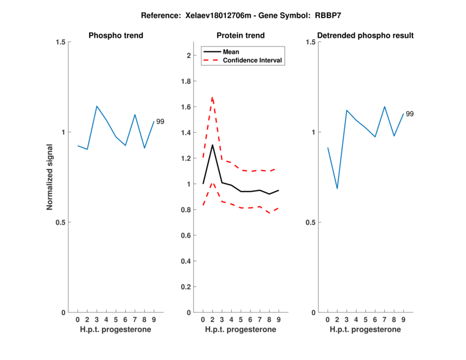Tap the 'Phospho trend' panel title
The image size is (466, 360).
coord(116,36)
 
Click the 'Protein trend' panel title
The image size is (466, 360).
coord(241,36)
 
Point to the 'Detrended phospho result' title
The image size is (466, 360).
coord(366,36)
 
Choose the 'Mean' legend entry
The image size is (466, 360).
coord(231,52)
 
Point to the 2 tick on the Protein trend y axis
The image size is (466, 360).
coord(189,55)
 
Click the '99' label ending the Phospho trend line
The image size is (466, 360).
coord(160,121)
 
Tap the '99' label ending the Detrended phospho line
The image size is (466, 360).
coord(409,114)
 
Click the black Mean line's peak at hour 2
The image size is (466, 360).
coord(212,144)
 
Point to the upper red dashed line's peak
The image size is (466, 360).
coord(212,97)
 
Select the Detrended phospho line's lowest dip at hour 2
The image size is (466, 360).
coord(337,189)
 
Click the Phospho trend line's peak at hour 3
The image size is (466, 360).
coord(97,106)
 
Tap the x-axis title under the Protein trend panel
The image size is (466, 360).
coord(241,330)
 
